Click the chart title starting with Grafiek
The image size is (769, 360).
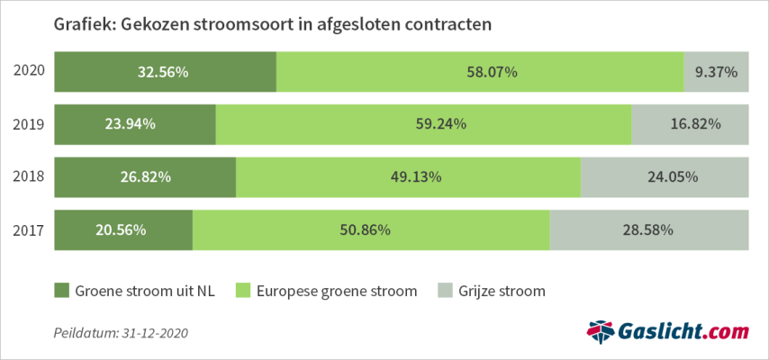(x=273, y=24)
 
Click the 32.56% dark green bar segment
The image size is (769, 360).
(x=165, y=72)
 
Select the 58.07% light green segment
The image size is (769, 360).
(x=479, y=72)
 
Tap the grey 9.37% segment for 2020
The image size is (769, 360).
(x=716, y=72)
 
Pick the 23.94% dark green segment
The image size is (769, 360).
(x=135, y=124)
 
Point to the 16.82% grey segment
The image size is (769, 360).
(x=690, y=124)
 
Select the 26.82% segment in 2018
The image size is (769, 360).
(x=145, y=177)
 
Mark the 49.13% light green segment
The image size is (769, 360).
(x=408, y=177)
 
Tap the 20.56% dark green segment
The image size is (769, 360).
(x=123, y=230)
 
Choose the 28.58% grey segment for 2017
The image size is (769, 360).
(x=648, y=230)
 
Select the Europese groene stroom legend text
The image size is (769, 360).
(x=337, y=291)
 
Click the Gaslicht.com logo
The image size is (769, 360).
(x=667, y=332)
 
